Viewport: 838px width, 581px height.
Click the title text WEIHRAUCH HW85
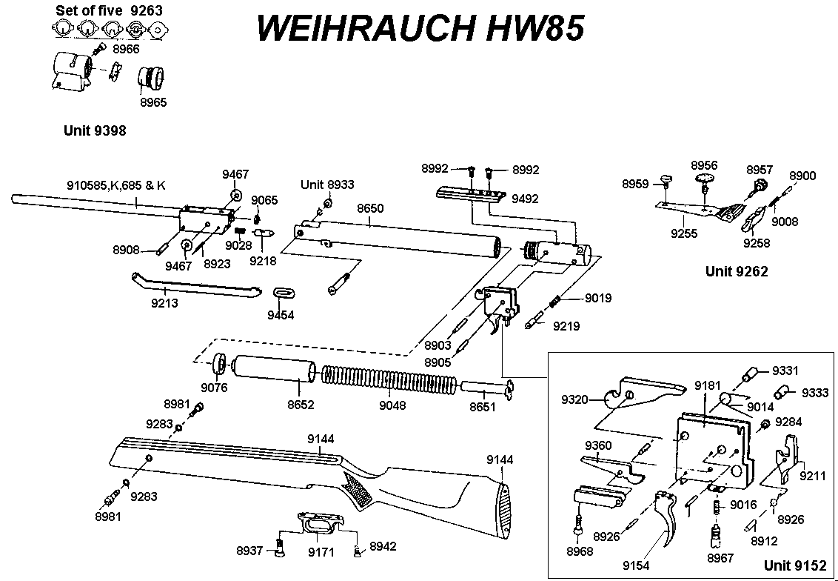coord(420,28)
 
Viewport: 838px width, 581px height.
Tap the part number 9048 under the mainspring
coord(392,405)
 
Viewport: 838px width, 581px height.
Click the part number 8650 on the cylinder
coord(370,209)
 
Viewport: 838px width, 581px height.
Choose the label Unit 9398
coord(95,131)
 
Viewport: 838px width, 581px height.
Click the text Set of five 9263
coord(110,10)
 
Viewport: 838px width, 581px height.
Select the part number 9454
coord(281,315)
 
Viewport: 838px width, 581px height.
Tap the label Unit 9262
coord(737,271)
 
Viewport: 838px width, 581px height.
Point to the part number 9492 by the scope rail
coord(524,199)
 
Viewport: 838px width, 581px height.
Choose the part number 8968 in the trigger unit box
coord(579,551)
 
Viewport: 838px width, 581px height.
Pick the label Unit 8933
coord(327,184)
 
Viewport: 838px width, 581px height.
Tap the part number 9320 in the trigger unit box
coord(575,399)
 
